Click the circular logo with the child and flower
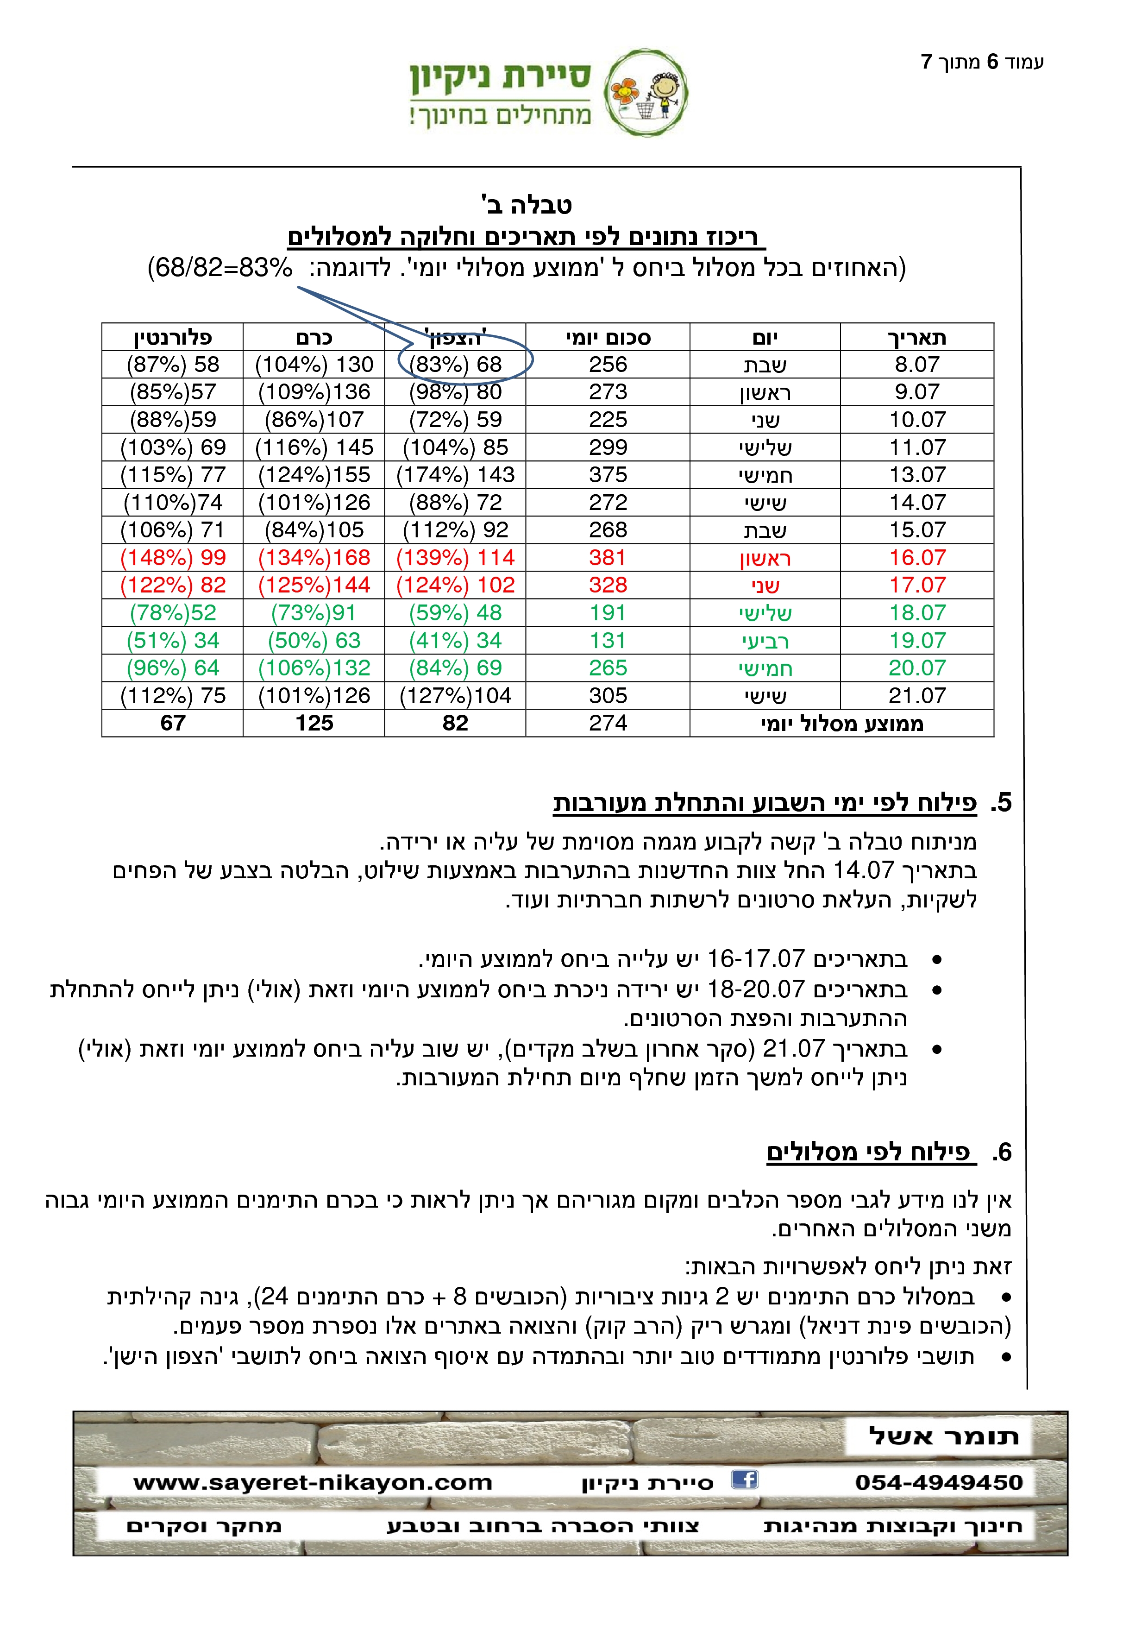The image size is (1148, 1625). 646,92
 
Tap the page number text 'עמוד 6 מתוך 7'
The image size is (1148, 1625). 982,62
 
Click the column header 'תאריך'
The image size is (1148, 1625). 917,338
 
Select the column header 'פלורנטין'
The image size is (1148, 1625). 173,338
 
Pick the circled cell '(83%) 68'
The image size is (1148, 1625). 456,365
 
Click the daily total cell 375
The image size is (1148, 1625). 608,475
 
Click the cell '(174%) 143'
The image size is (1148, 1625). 456,475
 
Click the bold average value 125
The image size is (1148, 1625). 314,723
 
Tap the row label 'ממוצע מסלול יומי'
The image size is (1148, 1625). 842,723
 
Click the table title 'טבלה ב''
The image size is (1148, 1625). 526,205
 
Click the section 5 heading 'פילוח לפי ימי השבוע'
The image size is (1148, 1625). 764,803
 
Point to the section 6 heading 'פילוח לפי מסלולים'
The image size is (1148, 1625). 869,1152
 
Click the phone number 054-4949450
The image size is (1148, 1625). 939,1482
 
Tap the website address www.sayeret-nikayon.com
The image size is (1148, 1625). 312,1482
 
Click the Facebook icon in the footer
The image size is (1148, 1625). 744,1479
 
